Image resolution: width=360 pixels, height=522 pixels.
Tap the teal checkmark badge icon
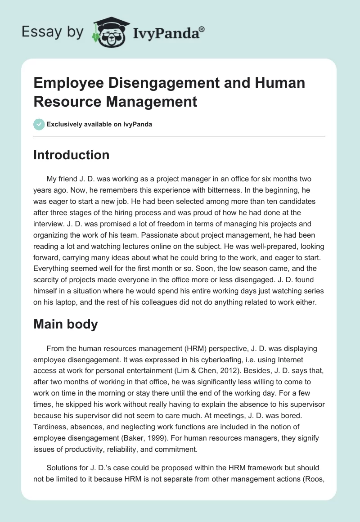39,124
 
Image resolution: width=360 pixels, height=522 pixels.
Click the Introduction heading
71,155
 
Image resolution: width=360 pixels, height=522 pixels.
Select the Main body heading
65,324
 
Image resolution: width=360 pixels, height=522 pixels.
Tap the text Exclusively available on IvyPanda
99,124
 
